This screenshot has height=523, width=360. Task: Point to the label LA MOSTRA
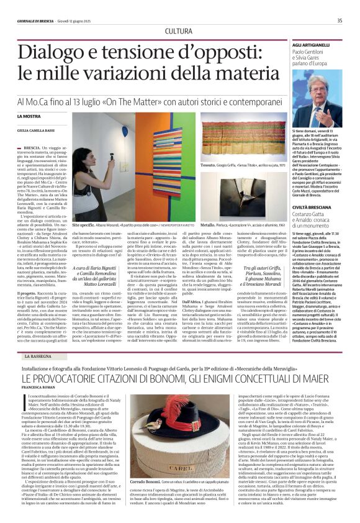point(46,116)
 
